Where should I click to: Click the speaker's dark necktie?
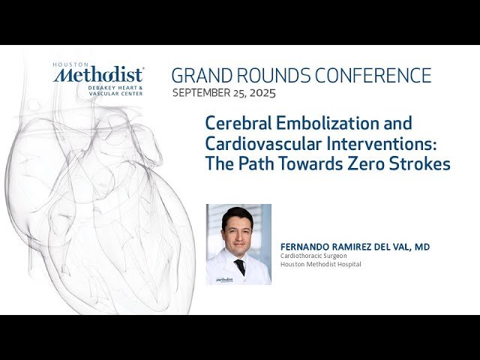click(240, 265)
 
